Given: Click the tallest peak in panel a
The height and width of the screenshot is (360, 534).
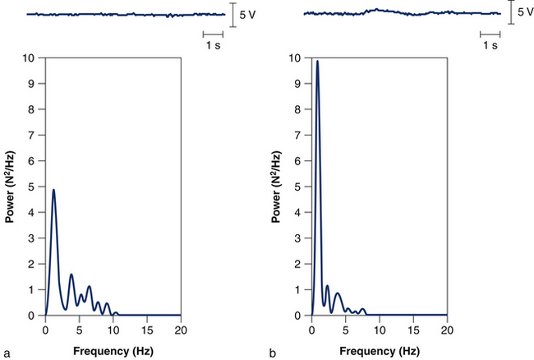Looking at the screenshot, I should point(53,191).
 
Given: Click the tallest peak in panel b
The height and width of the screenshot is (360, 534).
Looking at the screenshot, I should point(317,61).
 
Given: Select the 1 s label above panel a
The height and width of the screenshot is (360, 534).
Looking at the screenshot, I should point(213,46).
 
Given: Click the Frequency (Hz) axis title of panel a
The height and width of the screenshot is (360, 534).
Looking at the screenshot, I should point(113,350).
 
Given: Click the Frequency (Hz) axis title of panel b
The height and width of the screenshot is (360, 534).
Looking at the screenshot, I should point(380,350).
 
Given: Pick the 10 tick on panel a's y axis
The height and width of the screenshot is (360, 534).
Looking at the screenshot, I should point(30,58).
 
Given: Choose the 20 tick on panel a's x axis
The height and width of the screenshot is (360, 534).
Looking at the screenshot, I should point(181,330).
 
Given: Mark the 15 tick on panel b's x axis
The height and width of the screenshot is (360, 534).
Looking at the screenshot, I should point(413,330).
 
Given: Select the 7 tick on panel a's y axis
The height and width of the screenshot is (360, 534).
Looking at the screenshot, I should point(33,136).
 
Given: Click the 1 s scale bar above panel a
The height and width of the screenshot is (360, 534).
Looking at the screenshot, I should point(213,35).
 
